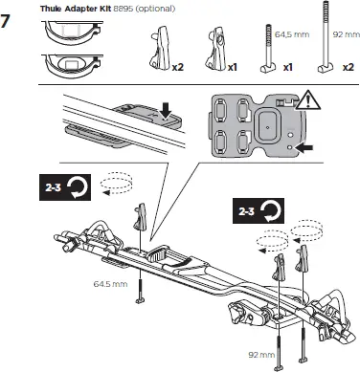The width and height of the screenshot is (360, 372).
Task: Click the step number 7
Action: [11, 19]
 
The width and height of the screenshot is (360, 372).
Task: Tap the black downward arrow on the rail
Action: [167, 114]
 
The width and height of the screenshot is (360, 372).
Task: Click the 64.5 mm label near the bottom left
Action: [110, 284]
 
